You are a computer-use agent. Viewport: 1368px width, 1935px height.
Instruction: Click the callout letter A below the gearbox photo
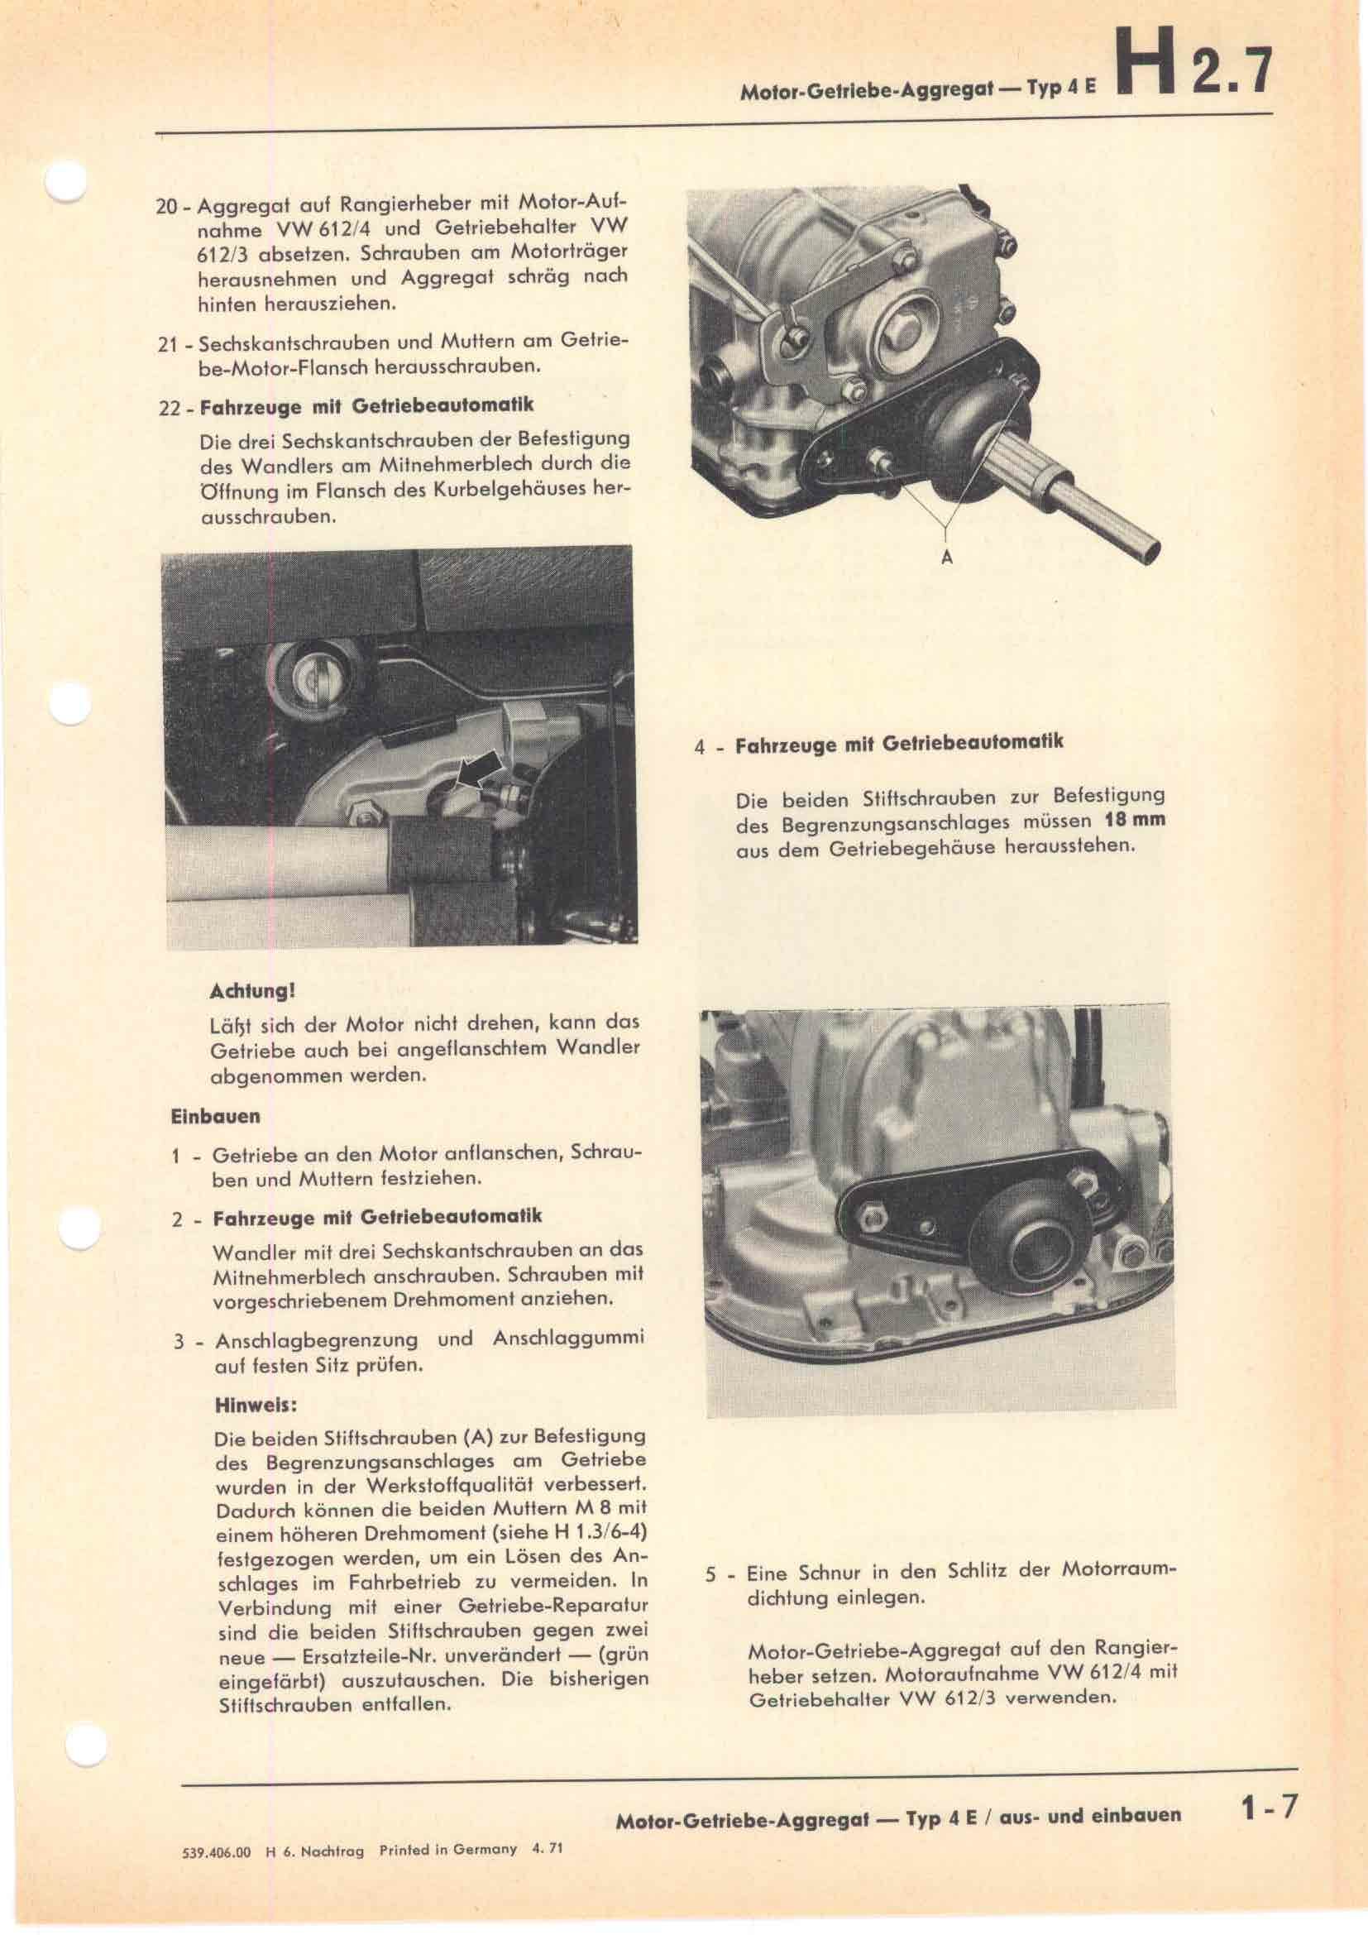946,557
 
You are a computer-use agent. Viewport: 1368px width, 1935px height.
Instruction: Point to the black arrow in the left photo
480,770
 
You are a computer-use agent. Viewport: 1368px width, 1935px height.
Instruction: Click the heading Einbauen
216,1116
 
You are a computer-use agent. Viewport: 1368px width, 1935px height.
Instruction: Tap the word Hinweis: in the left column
257,1405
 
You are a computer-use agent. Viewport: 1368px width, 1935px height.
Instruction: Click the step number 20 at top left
167,206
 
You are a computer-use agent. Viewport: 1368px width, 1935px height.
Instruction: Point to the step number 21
167,344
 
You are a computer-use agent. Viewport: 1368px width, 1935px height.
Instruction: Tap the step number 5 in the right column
711,1573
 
